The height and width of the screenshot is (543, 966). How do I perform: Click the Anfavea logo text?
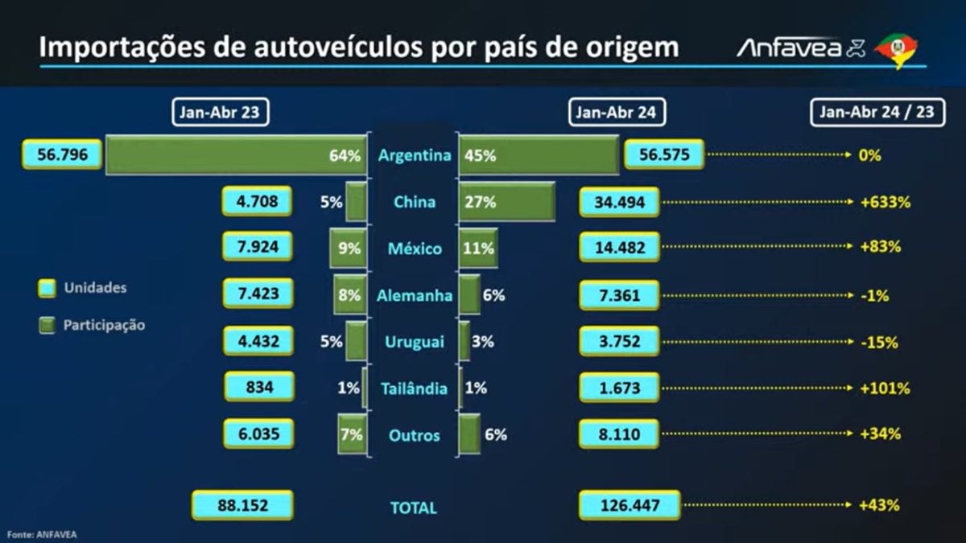tap(789, 48)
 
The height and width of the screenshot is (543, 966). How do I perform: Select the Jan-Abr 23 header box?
tap(221, 112)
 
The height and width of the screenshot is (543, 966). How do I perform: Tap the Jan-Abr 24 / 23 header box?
tap(877, 112)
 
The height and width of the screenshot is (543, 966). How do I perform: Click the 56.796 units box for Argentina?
tap(63, 154)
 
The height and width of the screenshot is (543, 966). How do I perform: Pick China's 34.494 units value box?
tap(619, 202)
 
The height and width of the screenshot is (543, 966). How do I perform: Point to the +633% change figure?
tap(885, 202)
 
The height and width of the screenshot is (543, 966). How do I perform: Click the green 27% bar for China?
tap(507, 202)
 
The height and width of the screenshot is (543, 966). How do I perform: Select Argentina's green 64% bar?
tap(237, 155)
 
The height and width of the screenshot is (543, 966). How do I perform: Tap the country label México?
tap(415, 249)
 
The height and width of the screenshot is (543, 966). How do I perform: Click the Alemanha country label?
tap(415, 296)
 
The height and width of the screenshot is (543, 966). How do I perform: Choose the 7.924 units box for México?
tap(258, 246)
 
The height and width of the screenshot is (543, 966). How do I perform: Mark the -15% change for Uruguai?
tap(879, 343)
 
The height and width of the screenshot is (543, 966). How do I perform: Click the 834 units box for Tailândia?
tap(259, 387)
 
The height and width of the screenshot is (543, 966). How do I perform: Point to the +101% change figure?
tap(885, 389)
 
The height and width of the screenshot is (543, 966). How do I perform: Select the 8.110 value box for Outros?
tap(619, 434)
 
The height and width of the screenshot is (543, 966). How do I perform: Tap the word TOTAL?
tap(414, 508)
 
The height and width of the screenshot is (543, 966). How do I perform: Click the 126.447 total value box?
tap(630, 505)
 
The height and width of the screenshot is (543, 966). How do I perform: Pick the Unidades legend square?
tap(47, 288)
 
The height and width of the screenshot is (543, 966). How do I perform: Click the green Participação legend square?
tap(47, 325)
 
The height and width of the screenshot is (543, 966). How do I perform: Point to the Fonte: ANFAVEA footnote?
tap(42, 535)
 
